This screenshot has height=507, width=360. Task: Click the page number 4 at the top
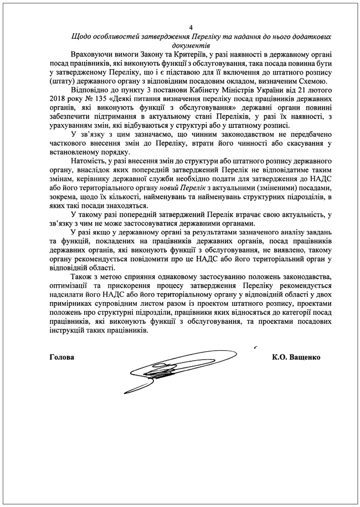coord(191,27)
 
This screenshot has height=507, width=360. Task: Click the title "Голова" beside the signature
coord(61,357)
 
